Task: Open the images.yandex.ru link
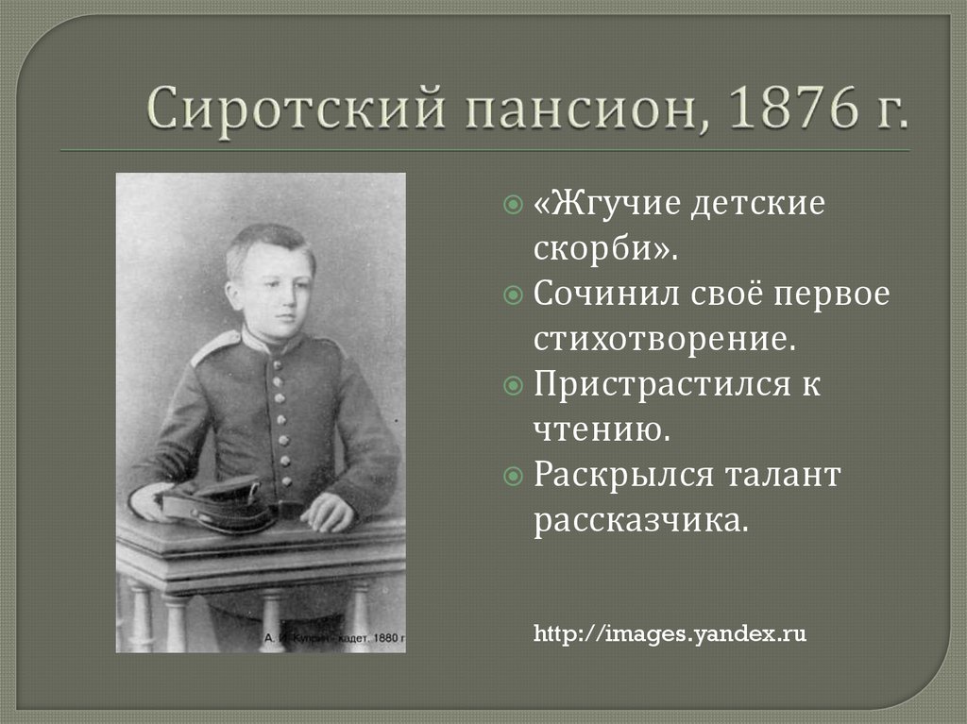click(670, 633)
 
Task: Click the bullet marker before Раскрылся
click(513, 477)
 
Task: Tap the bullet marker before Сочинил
click(513, 295)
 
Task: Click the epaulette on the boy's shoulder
click(214, 346)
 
